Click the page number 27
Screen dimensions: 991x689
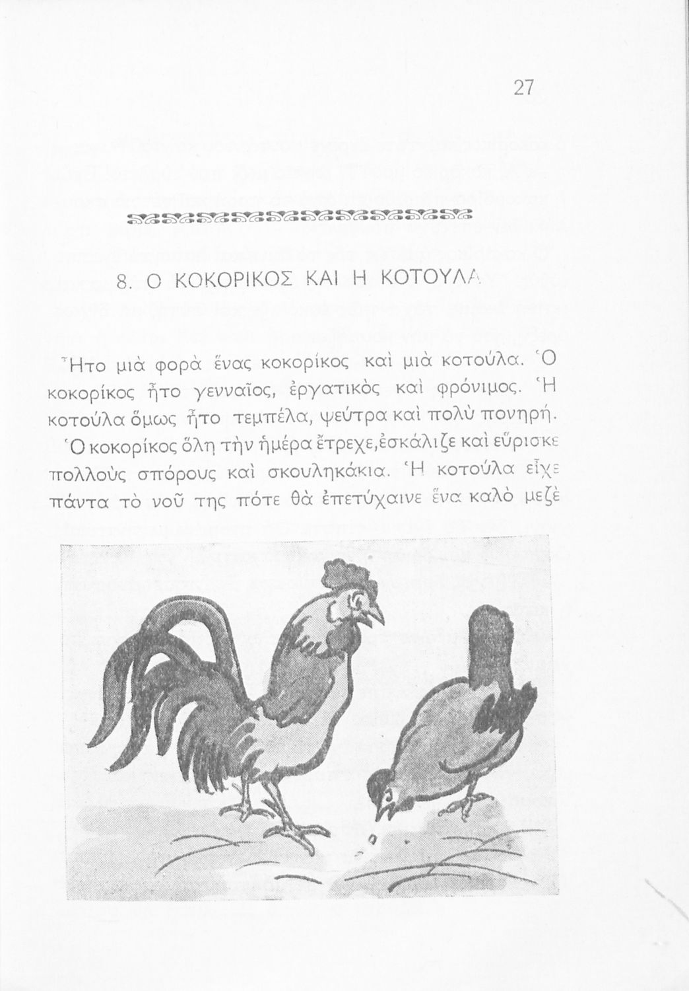522,88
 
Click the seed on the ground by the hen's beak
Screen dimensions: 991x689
372,840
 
